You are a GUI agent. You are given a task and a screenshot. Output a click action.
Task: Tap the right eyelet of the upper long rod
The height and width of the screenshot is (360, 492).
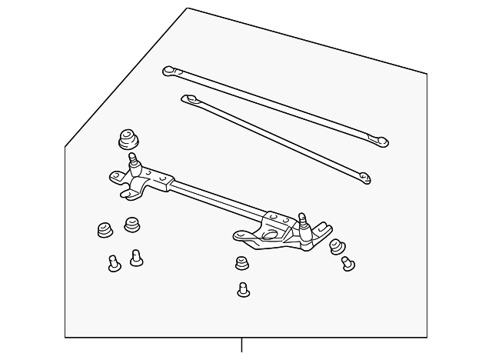380,141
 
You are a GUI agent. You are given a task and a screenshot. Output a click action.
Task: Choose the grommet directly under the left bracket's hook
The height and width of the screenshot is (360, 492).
131,225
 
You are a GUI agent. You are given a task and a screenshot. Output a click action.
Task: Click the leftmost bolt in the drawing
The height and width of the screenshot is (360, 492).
114,265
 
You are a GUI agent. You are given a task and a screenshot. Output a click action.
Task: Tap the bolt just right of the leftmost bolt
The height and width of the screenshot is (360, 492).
136,257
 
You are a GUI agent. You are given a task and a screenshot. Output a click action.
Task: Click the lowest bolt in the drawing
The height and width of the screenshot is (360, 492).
243,290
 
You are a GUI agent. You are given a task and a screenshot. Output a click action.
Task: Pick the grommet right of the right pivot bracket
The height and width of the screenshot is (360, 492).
337,246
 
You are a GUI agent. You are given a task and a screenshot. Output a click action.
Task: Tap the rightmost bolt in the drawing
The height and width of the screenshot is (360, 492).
347,262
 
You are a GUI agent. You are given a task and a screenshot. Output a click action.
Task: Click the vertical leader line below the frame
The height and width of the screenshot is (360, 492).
242,348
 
